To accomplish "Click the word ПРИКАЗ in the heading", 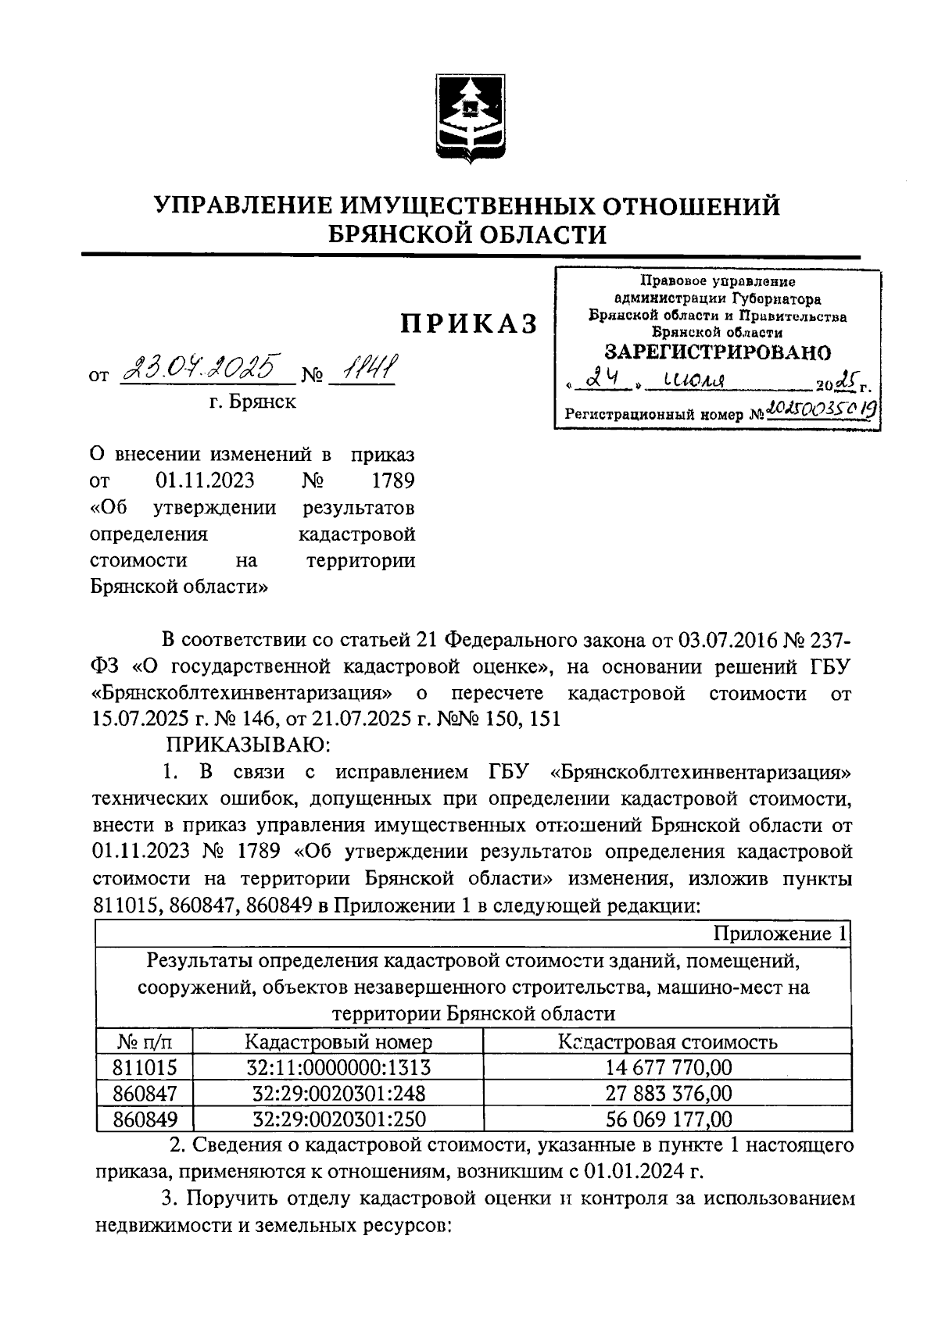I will (469, 323).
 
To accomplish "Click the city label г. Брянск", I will (252, 402).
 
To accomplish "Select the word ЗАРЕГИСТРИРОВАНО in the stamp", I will (718, 352).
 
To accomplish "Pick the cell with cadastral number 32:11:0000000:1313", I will (338, 1067).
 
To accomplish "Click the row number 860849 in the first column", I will (145, 1119).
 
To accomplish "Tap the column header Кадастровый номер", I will (338, 1041).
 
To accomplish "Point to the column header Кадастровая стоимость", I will (667, 1041).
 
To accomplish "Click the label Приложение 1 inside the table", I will (780, 934).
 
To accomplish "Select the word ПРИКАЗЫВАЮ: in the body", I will (241, 743).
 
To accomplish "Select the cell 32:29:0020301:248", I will (338, 1093).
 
